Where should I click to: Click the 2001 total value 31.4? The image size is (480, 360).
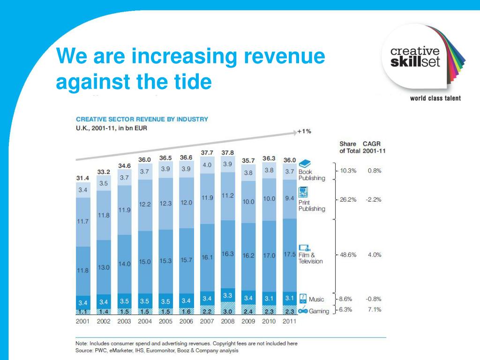[x=83, y=179]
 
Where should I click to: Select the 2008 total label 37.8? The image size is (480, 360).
[x=228, y=152]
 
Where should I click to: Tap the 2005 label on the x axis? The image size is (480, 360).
[x=165, y=322]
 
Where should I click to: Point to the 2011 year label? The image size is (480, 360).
[x=289, y=322]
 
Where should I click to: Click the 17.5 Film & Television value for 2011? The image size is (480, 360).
[x=290, y=255]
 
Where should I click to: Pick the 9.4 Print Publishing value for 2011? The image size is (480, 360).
[x=290, y=198]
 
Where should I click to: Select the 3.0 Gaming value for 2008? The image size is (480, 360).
[x=228, y=311]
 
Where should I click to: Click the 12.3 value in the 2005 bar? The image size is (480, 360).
[x=165, y=203]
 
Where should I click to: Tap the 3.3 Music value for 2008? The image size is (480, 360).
[x=228, y=296]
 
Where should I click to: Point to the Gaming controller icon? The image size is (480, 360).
[x=303, y=311]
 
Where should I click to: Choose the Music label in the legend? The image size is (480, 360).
[x=316, y=299]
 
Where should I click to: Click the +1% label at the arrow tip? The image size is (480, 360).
[x=304, y=131]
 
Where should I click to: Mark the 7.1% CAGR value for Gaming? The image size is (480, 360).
[x=375, y=309]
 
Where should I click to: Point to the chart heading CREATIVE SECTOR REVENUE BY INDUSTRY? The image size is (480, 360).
[x=142, y=120]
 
